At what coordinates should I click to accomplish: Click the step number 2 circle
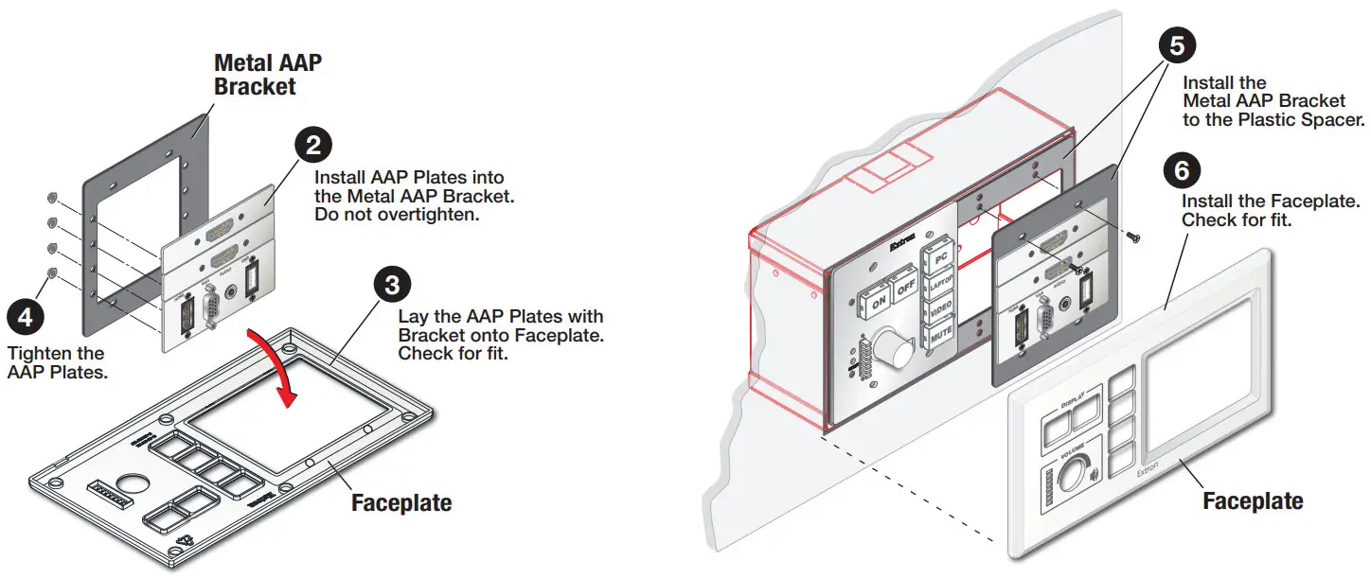[x=314, y=145]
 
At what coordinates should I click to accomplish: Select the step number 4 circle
[x=26, y=316]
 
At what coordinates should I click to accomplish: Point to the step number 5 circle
[x=1175, y=44]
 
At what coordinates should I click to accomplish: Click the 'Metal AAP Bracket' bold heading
[x=268, y=75]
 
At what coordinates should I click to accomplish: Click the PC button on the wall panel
[x=940, y=256]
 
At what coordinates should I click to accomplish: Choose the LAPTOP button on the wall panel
[x=941, y=283]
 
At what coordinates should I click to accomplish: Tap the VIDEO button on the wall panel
[x=941, y=309]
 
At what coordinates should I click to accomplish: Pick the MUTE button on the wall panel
[x=941, y=336]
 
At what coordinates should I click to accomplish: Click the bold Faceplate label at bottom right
[x=1252, y=500]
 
